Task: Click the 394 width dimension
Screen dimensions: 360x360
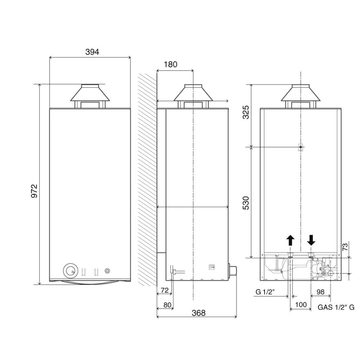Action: coord(92,52)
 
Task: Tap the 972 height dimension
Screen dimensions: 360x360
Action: coord(34,191)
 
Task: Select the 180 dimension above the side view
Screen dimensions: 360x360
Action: coord(171,64)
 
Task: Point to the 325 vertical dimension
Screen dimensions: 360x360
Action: coord(246,112)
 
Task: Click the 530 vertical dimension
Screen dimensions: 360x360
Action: coord(246,203)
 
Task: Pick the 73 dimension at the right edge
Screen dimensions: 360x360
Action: coord(345,247)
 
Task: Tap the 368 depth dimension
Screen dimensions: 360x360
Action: coord(199,313)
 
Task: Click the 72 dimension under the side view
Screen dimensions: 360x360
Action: coord(165,291)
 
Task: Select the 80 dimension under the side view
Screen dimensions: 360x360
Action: coord(167,305)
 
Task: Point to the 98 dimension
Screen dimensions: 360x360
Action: coord(320,292)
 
